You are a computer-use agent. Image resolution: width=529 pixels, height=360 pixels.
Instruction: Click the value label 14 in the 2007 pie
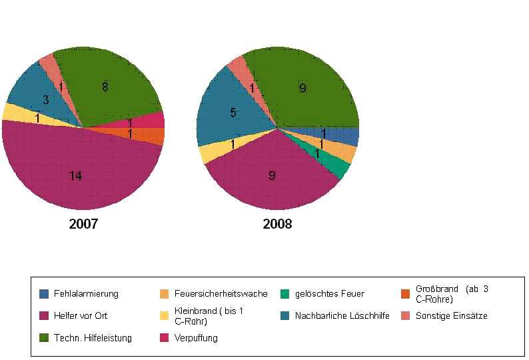point(76,176)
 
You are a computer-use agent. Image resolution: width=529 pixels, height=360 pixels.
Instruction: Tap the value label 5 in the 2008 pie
point(233,113)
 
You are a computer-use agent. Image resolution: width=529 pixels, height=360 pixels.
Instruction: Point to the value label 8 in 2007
point(105,87)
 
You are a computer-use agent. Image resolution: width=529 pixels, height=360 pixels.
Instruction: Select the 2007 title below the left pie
point(83,224)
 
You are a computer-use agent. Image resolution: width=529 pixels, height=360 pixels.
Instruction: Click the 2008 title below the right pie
point(277,224)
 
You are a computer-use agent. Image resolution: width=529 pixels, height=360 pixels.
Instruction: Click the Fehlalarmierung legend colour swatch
point(45,293)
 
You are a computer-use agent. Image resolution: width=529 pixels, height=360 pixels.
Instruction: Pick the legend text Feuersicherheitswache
point(221,293)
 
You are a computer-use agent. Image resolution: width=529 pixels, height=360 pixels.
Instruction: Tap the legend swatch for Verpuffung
point(164,338)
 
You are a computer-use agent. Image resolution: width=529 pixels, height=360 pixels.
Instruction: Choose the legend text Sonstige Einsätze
point(451,315)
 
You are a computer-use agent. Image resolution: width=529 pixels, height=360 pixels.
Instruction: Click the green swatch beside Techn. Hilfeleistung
point(45,338)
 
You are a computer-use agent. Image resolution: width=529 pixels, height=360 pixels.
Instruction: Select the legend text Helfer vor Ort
point(81,315)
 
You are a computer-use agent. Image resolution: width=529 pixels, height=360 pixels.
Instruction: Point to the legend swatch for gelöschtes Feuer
point(284,293)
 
